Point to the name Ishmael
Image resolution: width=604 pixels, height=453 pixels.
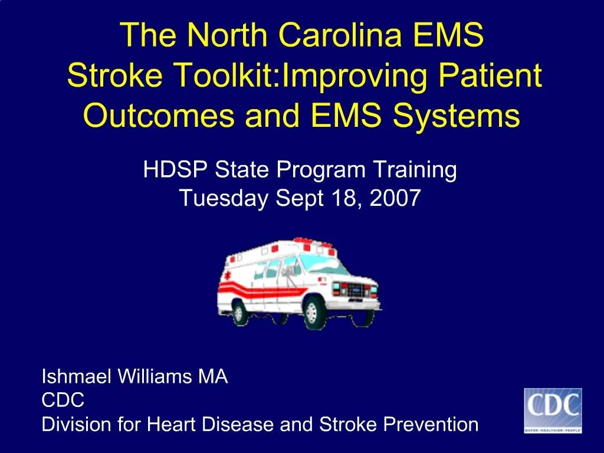(x=75, y=376)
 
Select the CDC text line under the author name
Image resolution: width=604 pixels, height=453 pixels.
(x=63, y=401)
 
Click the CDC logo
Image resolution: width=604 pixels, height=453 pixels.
(x=553, y=411)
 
